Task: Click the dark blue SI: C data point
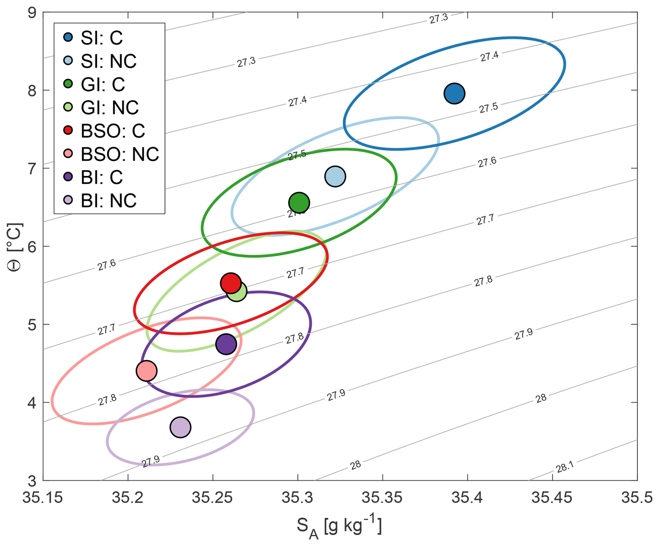[454, 93]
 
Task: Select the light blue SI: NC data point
[335, 176]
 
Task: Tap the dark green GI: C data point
[299, 203]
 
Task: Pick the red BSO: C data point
[231, 283]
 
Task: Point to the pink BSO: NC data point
[147, 371]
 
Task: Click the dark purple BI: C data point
[226, 344]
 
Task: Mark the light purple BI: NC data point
[180, 427]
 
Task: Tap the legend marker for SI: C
[68, 37]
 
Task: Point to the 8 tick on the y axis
[32, 90]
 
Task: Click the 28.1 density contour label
[565, 467]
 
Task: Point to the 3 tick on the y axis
[32, 481]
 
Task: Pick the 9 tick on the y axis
[32, 13]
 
